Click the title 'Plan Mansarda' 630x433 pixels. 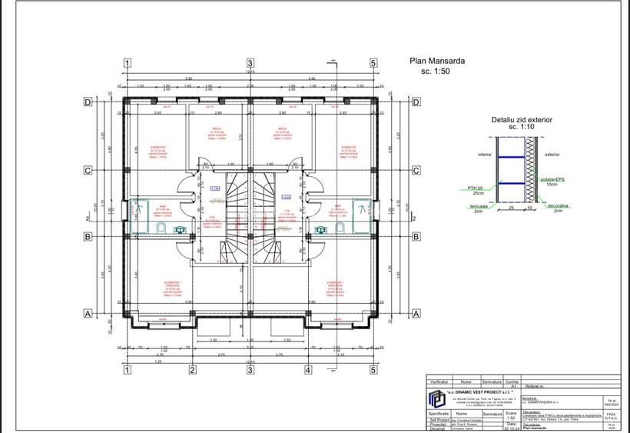437,61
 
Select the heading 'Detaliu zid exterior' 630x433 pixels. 522,120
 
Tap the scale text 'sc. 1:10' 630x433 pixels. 522,128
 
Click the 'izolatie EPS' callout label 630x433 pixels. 550,179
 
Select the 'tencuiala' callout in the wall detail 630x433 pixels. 480,205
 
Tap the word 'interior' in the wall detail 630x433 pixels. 484,154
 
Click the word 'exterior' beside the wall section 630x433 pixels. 552,154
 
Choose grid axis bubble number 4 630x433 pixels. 308,370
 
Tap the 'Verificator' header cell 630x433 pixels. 439,381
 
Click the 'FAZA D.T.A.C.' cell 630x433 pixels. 611,415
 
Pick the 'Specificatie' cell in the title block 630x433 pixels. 439,414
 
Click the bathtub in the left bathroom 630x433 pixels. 140,208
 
